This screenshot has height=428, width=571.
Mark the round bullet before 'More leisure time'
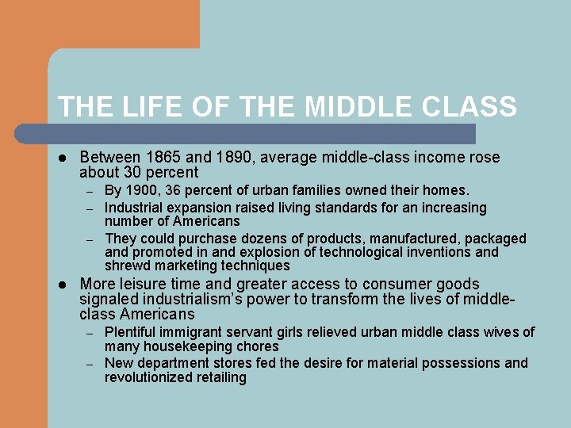pyautogui.click(x=63, y=285)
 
